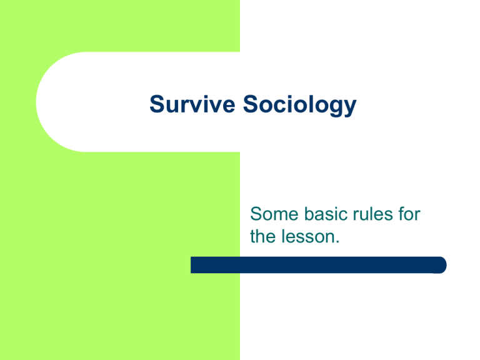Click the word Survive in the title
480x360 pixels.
click(x=192, y=104)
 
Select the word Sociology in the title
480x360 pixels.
click(x=300, y=105)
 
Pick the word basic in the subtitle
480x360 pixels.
click(x=326, y=213)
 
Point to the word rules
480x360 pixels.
click(x=372, y=213)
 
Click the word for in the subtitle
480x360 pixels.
click(x=409, y=213)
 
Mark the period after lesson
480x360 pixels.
click(x=337, y=242)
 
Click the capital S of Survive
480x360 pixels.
click(x=157, y=104)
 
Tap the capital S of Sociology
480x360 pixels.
click(x=251, y=104)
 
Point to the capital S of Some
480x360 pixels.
click(x=256, y=214)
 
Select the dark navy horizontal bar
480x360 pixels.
click(x=319, y=265)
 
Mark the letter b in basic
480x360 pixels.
click(x=309, y=213)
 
